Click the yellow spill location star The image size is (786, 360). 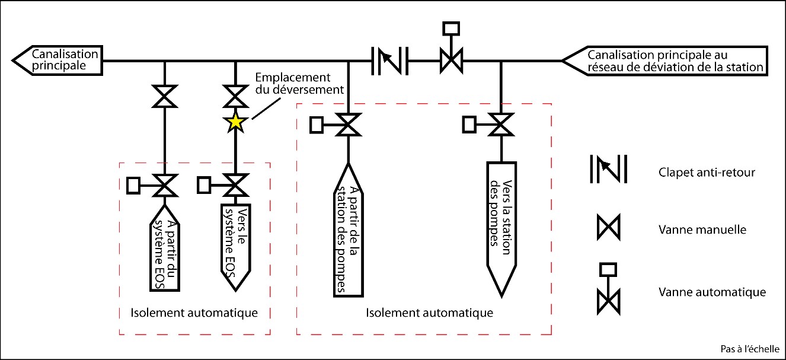click(x=235, y=123)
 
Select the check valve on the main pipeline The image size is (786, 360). click(x=390, y=60)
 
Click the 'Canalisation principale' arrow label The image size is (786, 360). click(x=57, y=60)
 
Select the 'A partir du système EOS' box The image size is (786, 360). click(x=164, y=247)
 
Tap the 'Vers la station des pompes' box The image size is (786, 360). click(x=501, y=225)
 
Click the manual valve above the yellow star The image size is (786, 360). click(x=235, y=96)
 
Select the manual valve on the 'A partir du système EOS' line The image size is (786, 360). click(x=164, y=96)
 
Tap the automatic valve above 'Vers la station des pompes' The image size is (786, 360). click(x=501, y=125)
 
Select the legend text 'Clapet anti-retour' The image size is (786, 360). click(x=698, y=173)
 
